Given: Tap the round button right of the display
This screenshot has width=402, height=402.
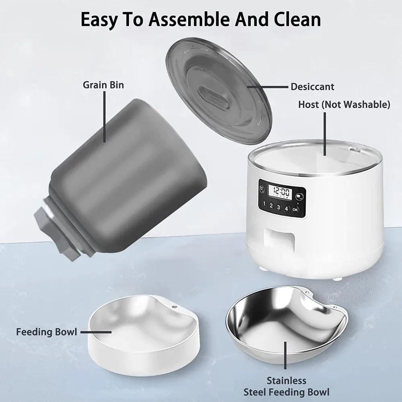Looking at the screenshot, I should point(299,197).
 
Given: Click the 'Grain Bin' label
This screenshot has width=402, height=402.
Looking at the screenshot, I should point(103,85).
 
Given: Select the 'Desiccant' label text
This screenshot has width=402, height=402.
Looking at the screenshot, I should point(312,86).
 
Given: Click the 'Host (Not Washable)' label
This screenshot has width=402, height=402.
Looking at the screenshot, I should point(344,105).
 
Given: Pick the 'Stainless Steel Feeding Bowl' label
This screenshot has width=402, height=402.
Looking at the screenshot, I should point(286,386).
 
